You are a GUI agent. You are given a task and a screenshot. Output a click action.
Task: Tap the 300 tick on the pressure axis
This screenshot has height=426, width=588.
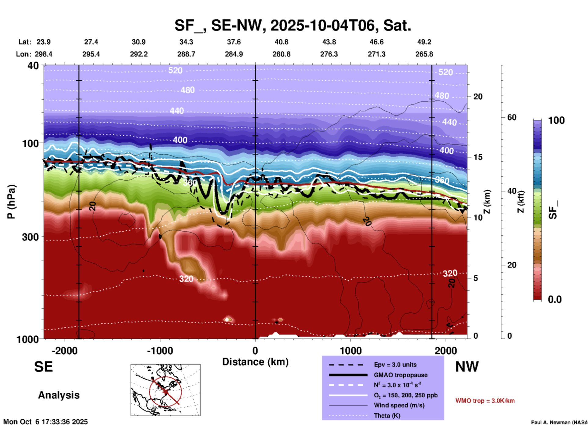pos(30,237)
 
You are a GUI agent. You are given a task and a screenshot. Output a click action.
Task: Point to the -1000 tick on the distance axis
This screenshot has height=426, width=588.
pos(160,351)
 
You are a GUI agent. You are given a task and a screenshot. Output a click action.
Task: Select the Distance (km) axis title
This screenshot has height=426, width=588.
pos(255,362)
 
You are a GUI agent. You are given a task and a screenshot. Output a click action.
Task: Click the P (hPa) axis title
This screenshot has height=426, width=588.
pos(11,202)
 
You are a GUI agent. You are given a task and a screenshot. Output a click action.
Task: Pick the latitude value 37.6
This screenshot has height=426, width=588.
pos(234,42)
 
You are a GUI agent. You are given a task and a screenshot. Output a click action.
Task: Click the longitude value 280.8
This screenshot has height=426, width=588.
pos(281,54)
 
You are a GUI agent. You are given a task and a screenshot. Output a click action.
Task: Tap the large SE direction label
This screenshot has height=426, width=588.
pos(43,367)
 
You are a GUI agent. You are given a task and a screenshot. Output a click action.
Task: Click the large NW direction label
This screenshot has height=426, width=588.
pos(467,367)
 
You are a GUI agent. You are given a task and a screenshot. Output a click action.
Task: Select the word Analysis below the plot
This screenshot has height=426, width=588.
pos(59,395)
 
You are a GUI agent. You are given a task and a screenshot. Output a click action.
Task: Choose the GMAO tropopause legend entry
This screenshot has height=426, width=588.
pos(401,375)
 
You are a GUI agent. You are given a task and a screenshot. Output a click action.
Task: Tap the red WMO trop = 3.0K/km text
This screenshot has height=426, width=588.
pos(485,401)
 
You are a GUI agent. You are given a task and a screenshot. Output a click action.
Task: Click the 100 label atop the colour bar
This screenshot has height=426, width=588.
pos(556,120)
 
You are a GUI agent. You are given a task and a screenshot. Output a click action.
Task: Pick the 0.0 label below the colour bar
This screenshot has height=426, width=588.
pos(555,299)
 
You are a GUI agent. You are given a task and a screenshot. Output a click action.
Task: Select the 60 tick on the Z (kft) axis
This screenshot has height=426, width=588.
pos(512,117)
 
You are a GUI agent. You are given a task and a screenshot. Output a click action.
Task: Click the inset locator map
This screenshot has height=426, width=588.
pos(165,390)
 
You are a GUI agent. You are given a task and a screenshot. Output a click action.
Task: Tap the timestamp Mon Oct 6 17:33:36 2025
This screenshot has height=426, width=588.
pos(45,422)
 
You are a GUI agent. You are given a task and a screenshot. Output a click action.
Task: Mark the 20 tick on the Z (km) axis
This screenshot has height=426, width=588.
pos(478,97)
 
